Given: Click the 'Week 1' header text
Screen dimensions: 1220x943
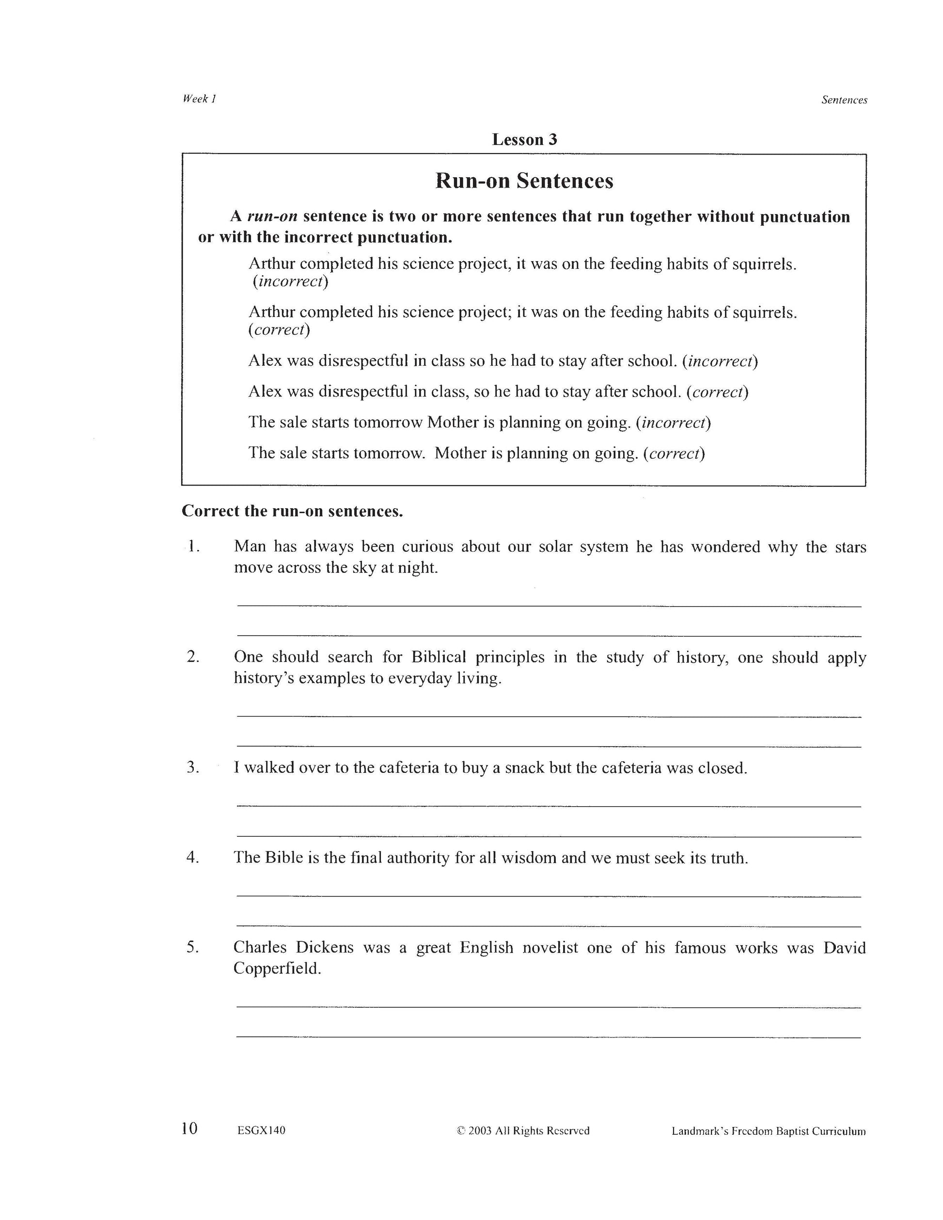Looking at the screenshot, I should coord(199,99).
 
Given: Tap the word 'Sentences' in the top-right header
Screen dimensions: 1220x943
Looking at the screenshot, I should coord(844,100).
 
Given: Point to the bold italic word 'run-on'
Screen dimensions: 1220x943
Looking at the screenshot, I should coord(272,217).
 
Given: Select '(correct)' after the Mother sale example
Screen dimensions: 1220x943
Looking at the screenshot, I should coord(674,453).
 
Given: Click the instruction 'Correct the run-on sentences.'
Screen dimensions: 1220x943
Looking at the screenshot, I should coord(292,511).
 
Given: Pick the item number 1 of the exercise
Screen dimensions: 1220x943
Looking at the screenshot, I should coord(193,547).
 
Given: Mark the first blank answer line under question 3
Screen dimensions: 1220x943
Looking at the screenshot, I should coord(549,806).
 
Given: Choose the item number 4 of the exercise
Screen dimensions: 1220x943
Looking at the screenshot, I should coord(193,858).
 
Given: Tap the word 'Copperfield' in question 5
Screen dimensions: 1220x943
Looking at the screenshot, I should coord(277,968).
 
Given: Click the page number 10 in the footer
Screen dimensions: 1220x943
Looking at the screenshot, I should coord(189,1129).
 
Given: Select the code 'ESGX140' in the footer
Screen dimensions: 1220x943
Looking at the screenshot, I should coord(261,1131).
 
